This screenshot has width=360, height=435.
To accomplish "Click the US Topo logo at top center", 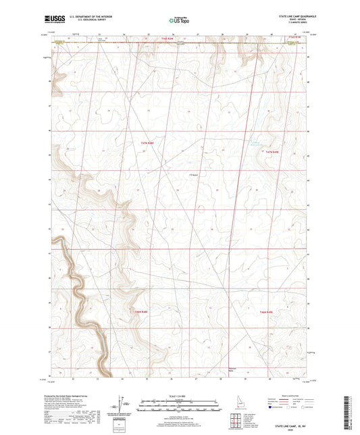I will click(x=177, y=20).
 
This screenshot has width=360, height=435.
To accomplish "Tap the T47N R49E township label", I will click(x=272, y=151).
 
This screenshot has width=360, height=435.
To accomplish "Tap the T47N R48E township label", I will click(x=147, y=143).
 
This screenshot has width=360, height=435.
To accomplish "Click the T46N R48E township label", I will click(x=139, y=311).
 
